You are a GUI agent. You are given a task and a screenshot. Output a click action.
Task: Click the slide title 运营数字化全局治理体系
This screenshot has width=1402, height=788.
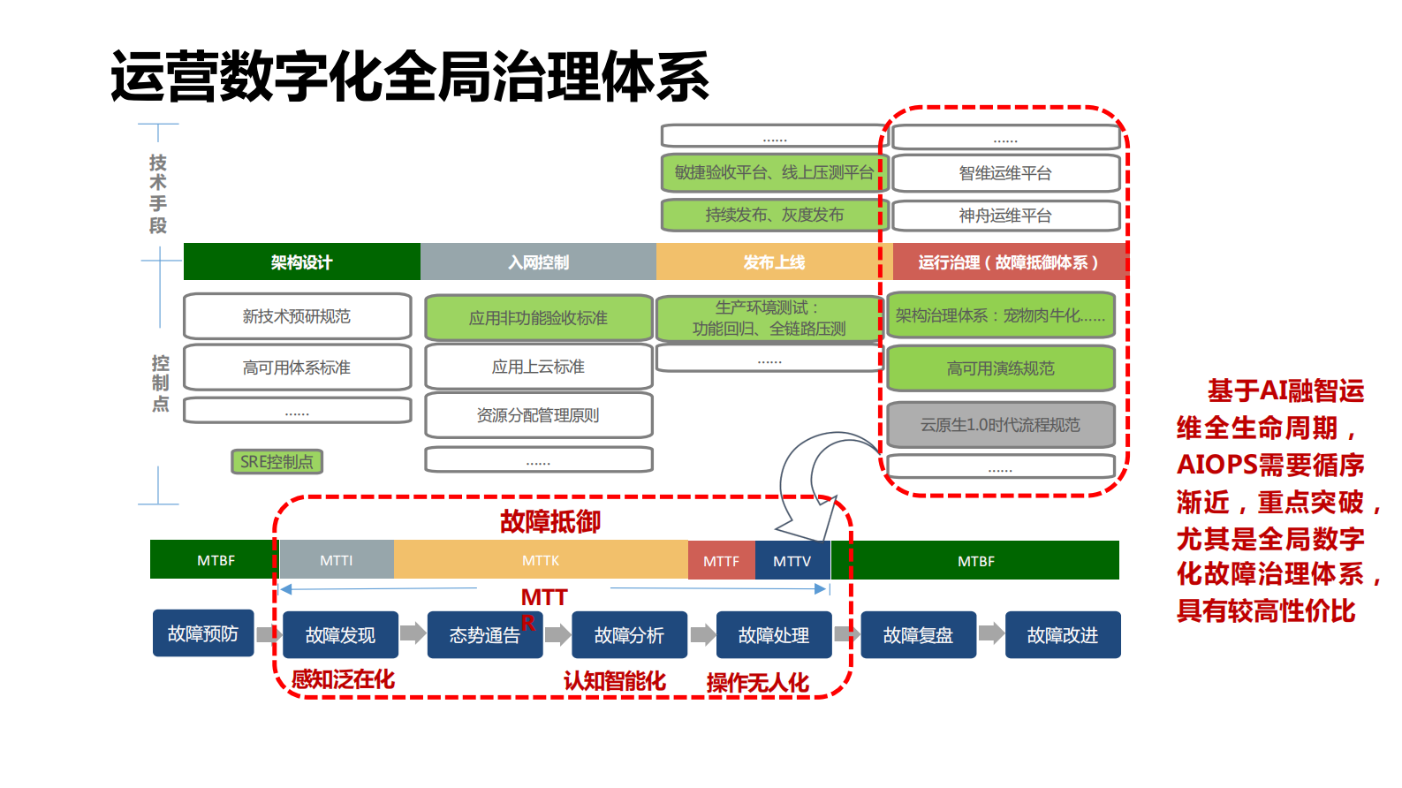tap(409, 77)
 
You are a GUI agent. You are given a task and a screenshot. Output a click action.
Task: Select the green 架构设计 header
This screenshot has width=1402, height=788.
tap(301, 262)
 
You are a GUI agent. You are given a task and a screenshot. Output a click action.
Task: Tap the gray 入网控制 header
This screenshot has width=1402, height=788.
tap(538, 262)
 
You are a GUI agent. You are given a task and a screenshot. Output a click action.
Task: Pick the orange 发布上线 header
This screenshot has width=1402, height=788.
tap(773, 262)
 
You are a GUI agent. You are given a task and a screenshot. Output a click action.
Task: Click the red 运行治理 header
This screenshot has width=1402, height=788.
tap(1008, 262)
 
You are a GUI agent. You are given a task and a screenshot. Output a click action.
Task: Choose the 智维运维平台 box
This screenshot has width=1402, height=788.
tap(1005, 173)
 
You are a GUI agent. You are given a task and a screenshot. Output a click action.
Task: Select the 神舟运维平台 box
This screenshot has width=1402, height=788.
tap(1005, 216)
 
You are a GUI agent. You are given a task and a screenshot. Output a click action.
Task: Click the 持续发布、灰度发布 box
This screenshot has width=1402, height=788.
tap(773, 215)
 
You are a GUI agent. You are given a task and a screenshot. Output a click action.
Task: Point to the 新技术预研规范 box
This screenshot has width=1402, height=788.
tap(297, 316)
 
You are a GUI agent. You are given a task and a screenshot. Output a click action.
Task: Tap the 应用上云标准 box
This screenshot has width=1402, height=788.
tap(538, 367)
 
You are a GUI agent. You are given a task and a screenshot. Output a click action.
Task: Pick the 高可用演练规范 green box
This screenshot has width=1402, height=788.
tap(1000, 368)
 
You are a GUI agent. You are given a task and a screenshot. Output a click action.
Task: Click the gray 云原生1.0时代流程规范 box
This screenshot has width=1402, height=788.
tap(1000, 425)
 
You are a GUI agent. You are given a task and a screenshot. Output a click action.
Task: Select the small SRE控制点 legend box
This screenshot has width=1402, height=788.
tap(277, 461)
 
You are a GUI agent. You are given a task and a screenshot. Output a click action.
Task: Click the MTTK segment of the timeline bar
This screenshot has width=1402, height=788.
tap(540, 560)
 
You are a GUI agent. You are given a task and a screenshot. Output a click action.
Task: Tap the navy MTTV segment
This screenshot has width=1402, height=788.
tap(792, 560)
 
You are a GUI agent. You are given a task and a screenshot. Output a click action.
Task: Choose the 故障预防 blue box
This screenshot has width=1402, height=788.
tap(202, 633)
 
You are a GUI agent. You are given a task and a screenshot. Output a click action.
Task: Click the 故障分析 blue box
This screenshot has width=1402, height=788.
tap(629, 635)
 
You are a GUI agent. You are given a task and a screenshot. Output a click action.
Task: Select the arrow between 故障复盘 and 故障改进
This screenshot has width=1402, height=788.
tap(991, 633)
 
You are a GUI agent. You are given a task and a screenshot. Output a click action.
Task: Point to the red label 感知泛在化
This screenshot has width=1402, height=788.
tap(343, 679)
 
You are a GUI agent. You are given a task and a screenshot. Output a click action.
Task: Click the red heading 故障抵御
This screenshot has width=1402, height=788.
tap(549, 521)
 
